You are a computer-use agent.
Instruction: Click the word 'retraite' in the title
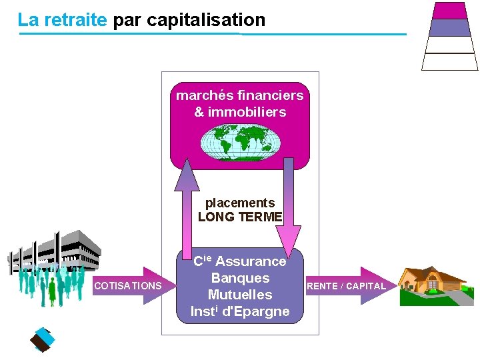(x=75, y=20)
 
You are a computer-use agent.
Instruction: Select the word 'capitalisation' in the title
(x=206, y=20)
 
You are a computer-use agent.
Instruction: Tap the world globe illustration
(x=239, y=142)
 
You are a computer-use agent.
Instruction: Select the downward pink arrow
(x=289, y=213)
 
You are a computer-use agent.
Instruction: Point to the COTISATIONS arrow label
(x=128, y=286)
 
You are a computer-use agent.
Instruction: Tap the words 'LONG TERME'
(x=240, y=217)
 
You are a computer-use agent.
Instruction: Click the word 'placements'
(x=240, y=203)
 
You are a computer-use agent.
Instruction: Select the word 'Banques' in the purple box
(x=240, y=278)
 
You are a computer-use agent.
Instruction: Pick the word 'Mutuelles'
(x=240, y=295)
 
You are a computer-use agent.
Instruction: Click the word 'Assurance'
(x=251, y=261)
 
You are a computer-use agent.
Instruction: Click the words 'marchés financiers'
(x=240, y=95)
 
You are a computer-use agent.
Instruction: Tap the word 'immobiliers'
(x=247, y=112)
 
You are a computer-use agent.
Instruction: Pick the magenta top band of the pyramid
(x=449, y=10)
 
